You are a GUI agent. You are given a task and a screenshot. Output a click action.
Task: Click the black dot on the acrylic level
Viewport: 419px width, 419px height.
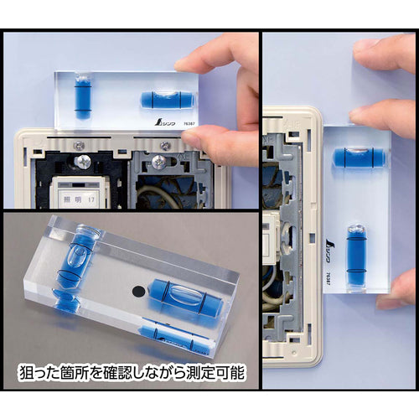pyautogui.click(x=135, y=292)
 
